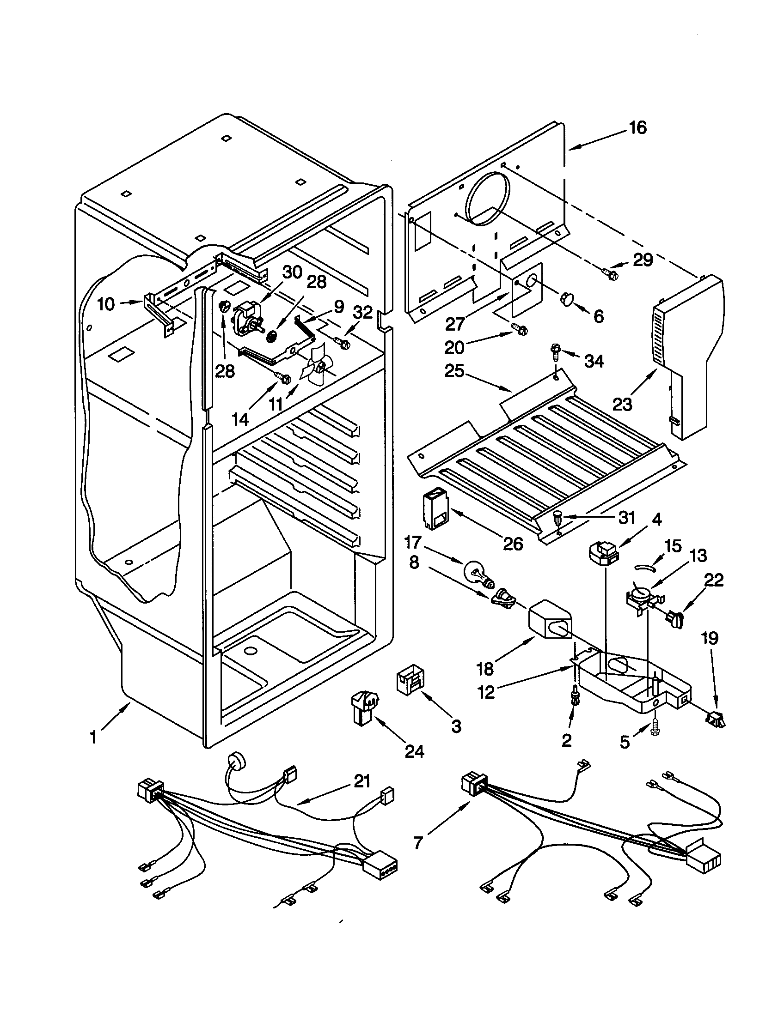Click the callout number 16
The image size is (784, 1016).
click(638, 127)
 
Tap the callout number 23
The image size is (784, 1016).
click(623, 404)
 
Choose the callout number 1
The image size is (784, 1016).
click(93, 737)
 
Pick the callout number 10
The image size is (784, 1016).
click(106, 304)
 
